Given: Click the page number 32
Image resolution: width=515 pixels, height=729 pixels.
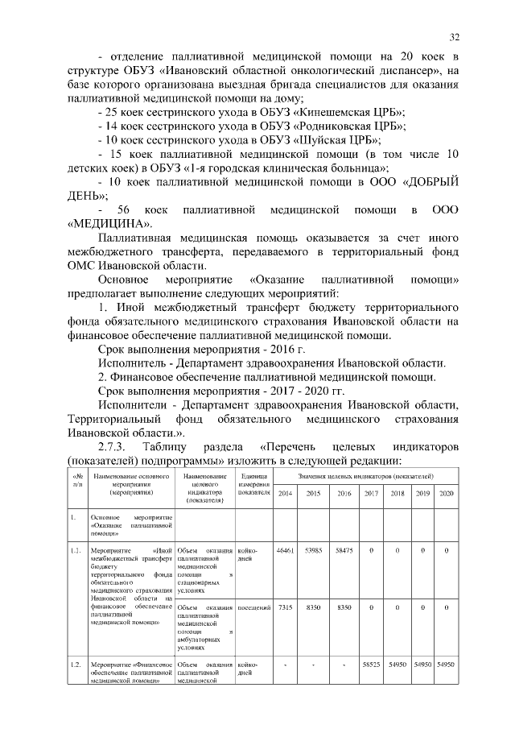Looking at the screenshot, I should click(455, 37).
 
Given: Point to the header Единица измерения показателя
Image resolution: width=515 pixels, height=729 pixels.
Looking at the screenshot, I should click(253, 485).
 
